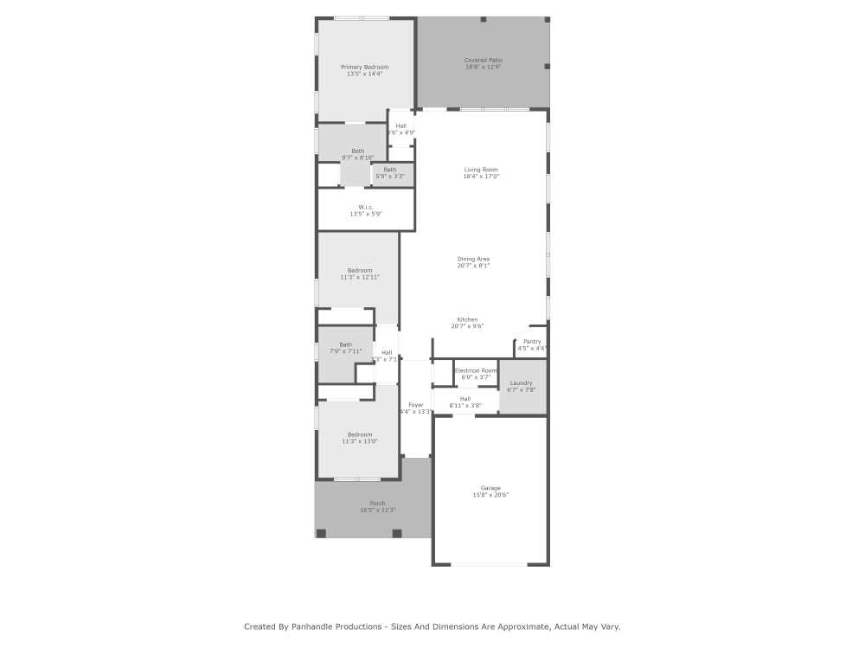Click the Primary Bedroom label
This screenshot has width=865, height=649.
364,67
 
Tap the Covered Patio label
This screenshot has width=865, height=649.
483,61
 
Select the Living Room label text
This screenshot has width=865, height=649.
481,170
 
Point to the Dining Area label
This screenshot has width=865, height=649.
473,259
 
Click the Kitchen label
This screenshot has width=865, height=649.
467,319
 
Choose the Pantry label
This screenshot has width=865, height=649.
532,342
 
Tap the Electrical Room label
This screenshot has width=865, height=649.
476,370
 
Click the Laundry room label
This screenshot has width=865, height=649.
521,382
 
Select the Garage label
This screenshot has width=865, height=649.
490,488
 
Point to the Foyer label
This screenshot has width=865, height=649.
416,405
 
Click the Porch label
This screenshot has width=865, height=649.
377,504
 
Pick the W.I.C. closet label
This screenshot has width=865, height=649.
365,207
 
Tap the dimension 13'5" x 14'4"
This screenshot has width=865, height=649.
364,74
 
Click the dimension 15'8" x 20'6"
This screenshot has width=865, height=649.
490,495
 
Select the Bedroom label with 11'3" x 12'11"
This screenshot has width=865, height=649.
360,270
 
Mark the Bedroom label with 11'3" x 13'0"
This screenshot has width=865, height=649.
360,434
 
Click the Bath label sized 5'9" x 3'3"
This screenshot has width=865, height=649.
390,170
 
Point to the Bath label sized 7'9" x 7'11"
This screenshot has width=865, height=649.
345,344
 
